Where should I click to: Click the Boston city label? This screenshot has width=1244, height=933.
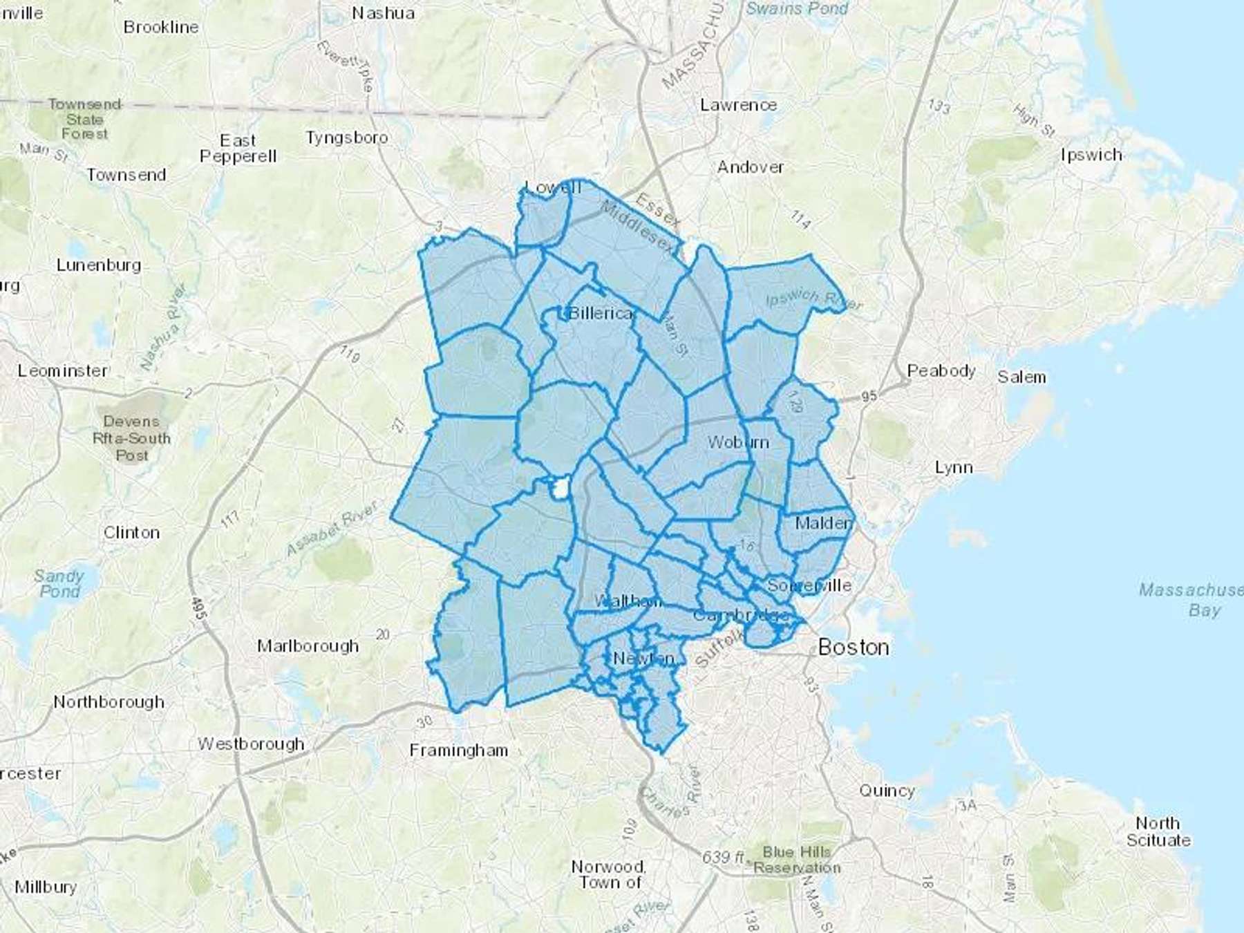pyautogui.click(x=854, y=648)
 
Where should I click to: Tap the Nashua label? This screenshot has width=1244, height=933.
pyautogui.click(x=384, y=13)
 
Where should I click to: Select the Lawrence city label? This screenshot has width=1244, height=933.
pyautogui.click(x=738, y=105)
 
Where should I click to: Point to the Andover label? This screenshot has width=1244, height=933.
pyautogui.click(x=751, y=167)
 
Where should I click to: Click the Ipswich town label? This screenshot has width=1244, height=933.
pyautogui.click(x=1091, y=155)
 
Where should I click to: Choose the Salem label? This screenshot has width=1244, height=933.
pyautogui.click(x=1021, y=377)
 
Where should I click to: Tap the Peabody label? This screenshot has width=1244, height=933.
pyautogui.click(x=941, y=371)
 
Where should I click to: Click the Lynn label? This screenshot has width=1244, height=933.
pyautogui.click(x=954, y=468)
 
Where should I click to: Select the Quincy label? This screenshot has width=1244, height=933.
pyautogui.click(x=887, y=791)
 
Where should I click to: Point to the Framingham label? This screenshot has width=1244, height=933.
pyautogui.click(x=458, y=751)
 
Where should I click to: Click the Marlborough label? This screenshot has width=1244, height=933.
pyautogui.click(x=308, y=646)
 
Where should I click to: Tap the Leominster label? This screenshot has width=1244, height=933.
pyautogui.click(x=63, y=371)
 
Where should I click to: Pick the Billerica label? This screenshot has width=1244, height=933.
pyautogui.click(x=600, y=314)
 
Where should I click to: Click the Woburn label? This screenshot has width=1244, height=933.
pyautogui.click(x=738, y=442)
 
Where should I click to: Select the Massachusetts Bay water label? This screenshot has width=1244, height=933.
pyautogui.click(x=1190, y=600)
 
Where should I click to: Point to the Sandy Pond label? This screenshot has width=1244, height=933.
pyautogui.click(x=59, y=584)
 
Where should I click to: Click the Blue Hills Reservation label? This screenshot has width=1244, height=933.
pyautogui.click(x=797, y=860)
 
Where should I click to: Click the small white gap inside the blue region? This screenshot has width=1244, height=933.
pyautogui.click(x=559, y=489)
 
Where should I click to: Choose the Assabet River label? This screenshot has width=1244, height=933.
pyautogui.click(x=332, y=529)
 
